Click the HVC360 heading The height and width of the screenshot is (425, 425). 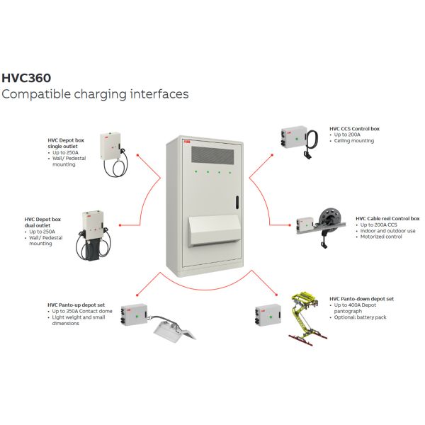(x=26, y=78)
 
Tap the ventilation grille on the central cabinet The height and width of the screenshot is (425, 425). (x=212, y=155)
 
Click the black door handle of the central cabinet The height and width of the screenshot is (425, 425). (x=237, y=202)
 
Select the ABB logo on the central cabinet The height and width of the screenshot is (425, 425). (x=187, y=142)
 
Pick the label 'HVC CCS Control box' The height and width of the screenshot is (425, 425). (x=354, y=129)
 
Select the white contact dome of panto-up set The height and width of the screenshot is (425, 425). (x=174, y=330)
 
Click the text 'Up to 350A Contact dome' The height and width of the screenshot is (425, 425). (x=82, y=311)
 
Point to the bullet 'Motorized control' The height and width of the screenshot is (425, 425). (x=381, y=237)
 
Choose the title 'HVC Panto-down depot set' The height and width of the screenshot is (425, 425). (x=361, y=299)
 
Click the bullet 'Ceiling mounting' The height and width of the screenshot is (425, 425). (x=353, y=141)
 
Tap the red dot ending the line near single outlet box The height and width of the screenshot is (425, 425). (x=137, y=155)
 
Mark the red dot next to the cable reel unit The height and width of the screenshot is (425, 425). (x=290, y=225)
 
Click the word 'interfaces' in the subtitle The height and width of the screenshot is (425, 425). (x=159, y=94)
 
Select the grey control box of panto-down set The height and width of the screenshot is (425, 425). (x=268, y=314)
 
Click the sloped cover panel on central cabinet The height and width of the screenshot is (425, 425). (x=215, y=229)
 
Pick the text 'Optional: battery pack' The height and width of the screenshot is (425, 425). (x=360, y=317)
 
